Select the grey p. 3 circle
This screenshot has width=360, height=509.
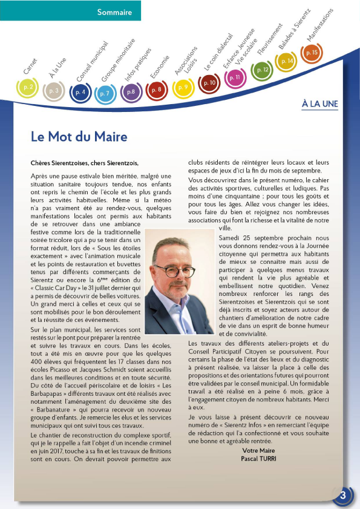pyautogui.click(x=54, y=91)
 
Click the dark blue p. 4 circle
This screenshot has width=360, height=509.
pyautogui.click(x=80, y=93)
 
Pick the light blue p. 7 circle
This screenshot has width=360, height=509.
pyautogui.click(x=105, y=93)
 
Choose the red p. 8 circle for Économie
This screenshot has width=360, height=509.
pyautogui.click(x=156, y=90)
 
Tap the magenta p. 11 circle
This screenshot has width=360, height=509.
pyautogui.click(x=235, y=77)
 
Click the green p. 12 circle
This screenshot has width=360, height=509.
pyautogui.click(x=261, y=70)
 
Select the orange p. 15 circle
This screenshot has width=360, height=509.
pyautogui.click(x=312, y=53)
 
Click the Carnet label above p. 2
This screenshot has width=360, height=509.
pyautogui.click(x=30, y=67)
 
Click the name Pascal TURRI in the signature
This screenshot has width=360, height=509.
pyautogui.click(x=258, y=459)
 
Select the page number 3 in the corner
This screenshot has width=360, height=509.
pyautogui.click(x=342, y=495)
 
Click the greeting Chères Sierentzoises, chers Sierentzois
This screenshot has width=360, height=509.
pyautogui.click(x=85, y=163)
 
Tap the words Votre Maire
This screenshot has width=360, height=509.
pyautogui.click(x=258, y=451)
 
